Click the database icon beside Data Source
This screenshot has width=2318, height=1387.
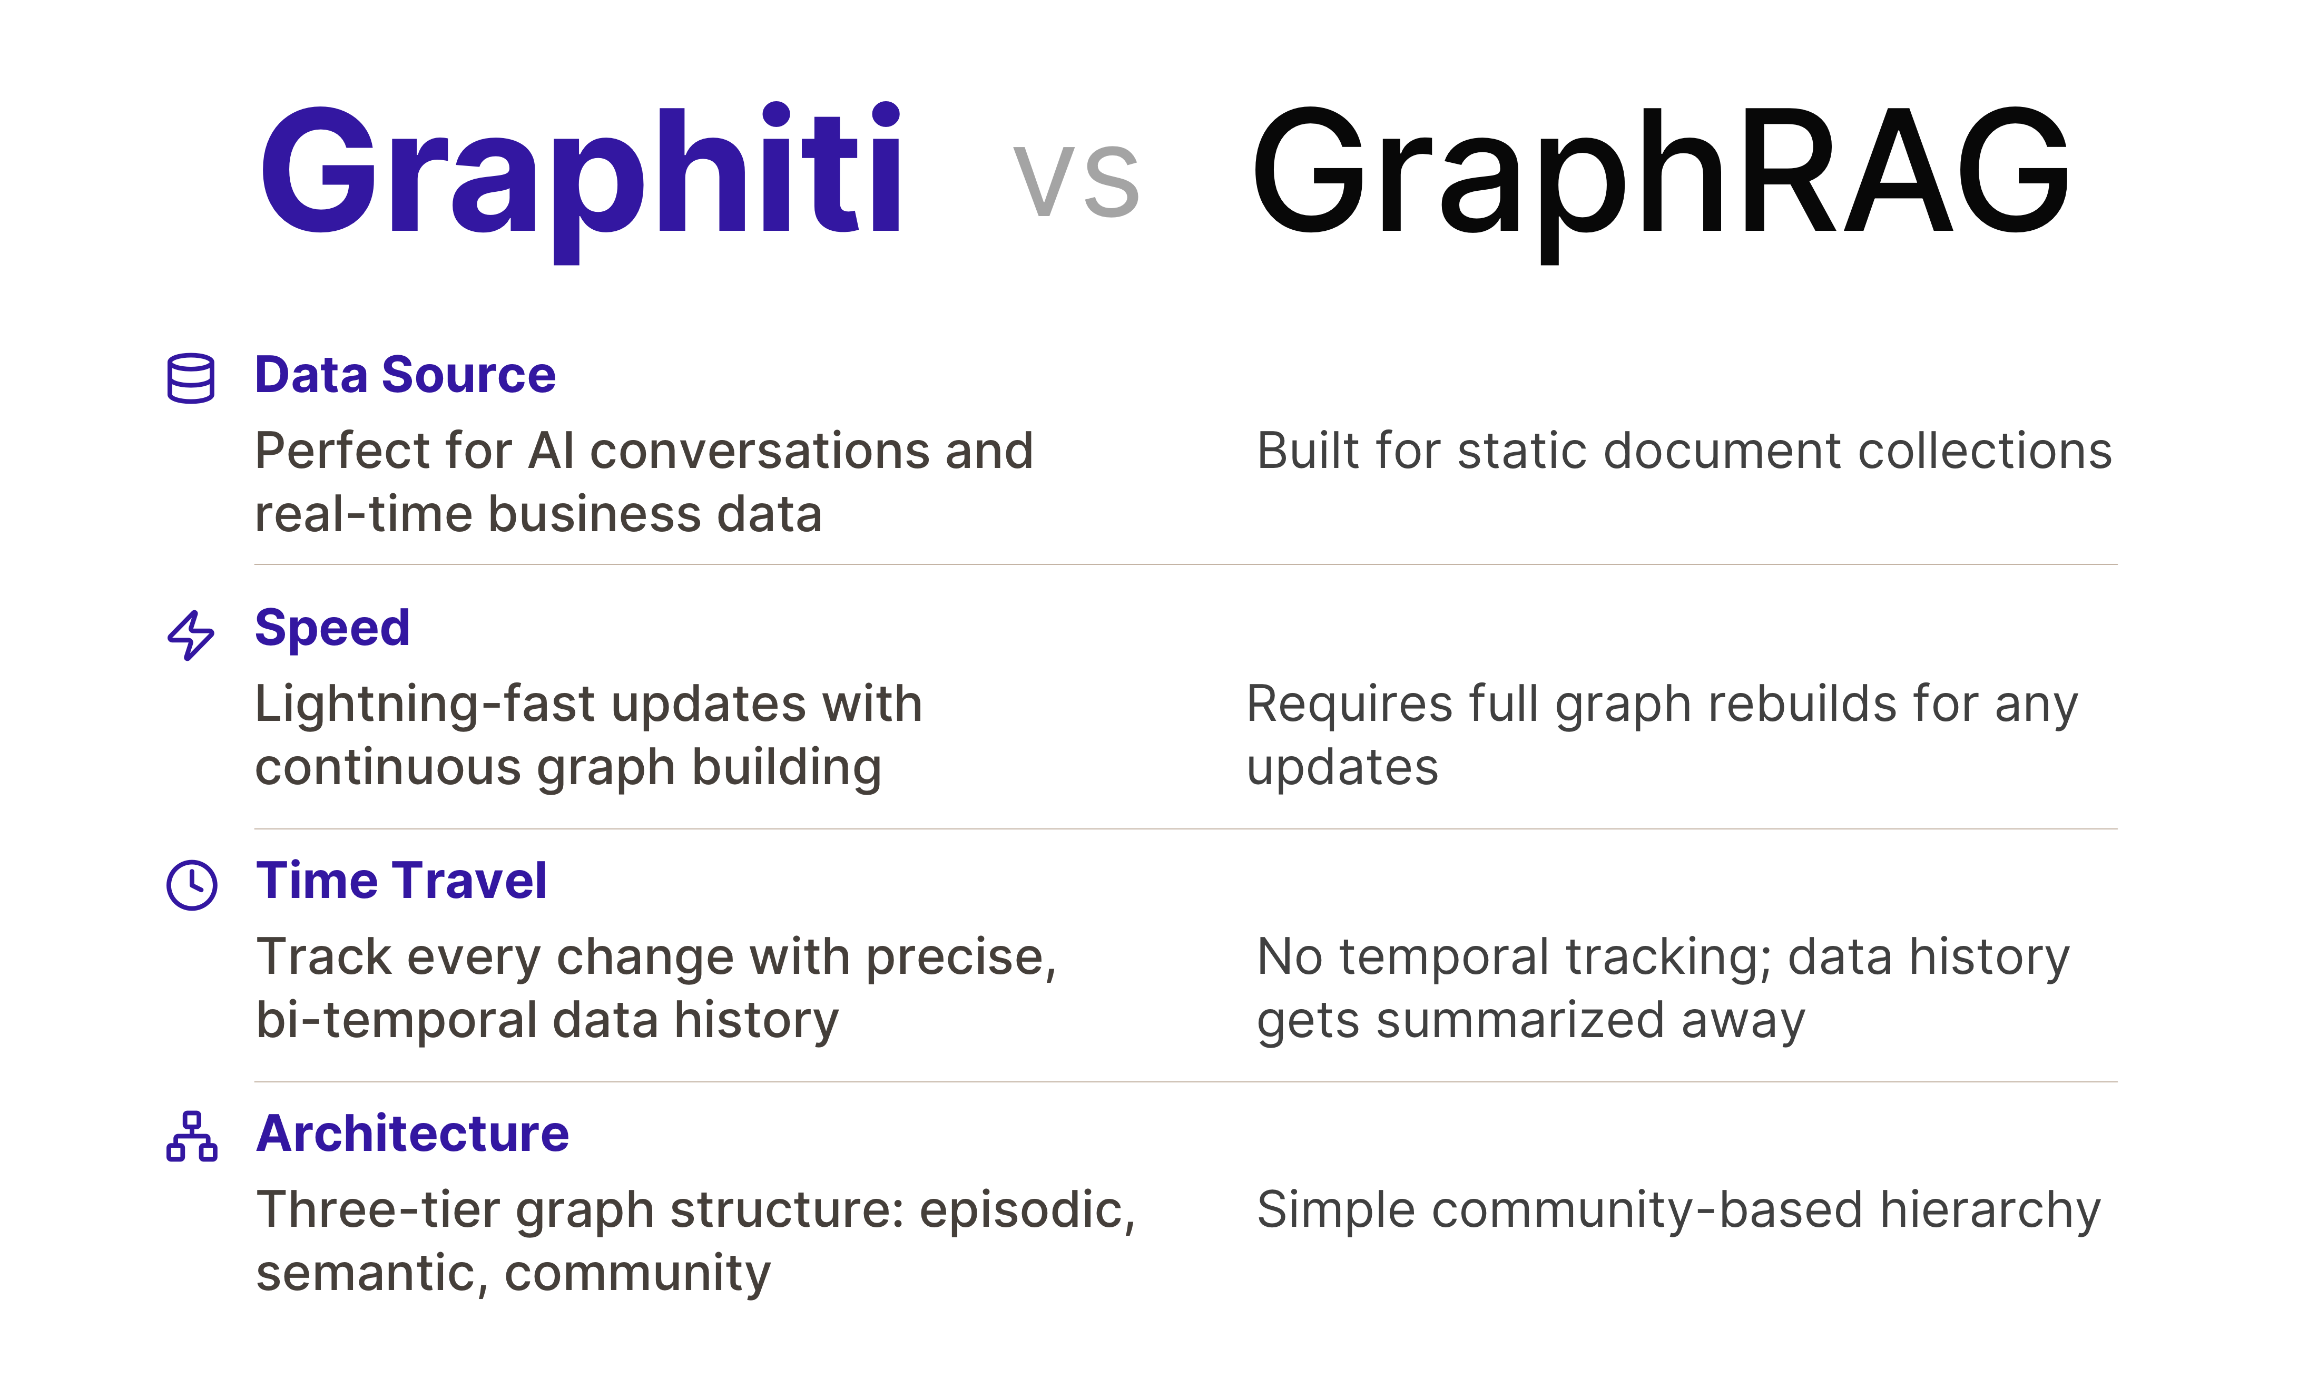pos(191,378)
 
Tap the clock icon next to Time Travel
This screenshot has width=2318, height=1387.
pos(192,884)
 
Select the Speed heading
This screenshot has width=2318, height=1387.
pos(332,628)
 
